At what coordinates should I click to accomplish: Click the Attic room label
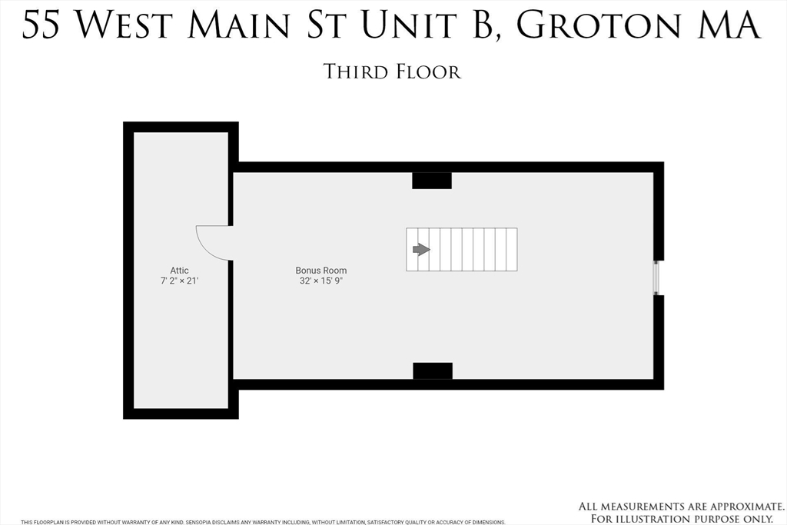(179, 271)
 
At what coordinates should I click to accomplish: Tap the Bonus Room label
(321, 271)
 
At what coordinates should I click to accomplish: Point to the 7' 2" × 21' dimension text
(179, 281)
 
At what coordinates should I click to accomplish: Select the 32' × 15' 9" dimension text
(321, 281)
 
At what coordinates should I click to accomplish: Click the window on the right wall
(656, 277)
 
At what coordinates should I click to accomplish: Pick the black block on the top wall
(432, 181)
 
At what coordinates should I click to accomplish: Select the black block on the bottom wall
(433, 370)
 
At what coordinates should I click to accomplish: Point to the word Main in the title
(234, 26)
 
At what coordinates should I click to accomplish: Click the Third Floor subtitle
(392, 72)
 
